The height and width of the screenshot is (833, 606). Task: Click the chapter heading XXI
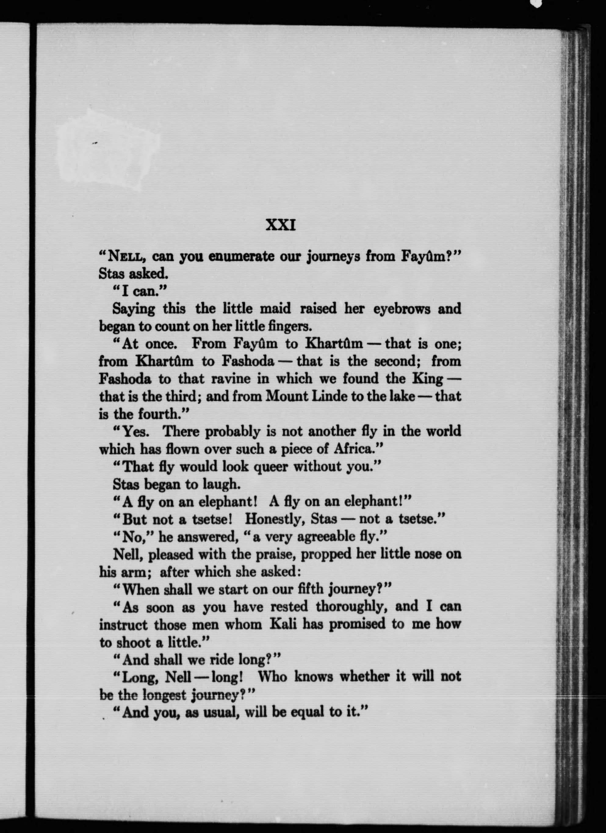[x=280, y=225]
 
